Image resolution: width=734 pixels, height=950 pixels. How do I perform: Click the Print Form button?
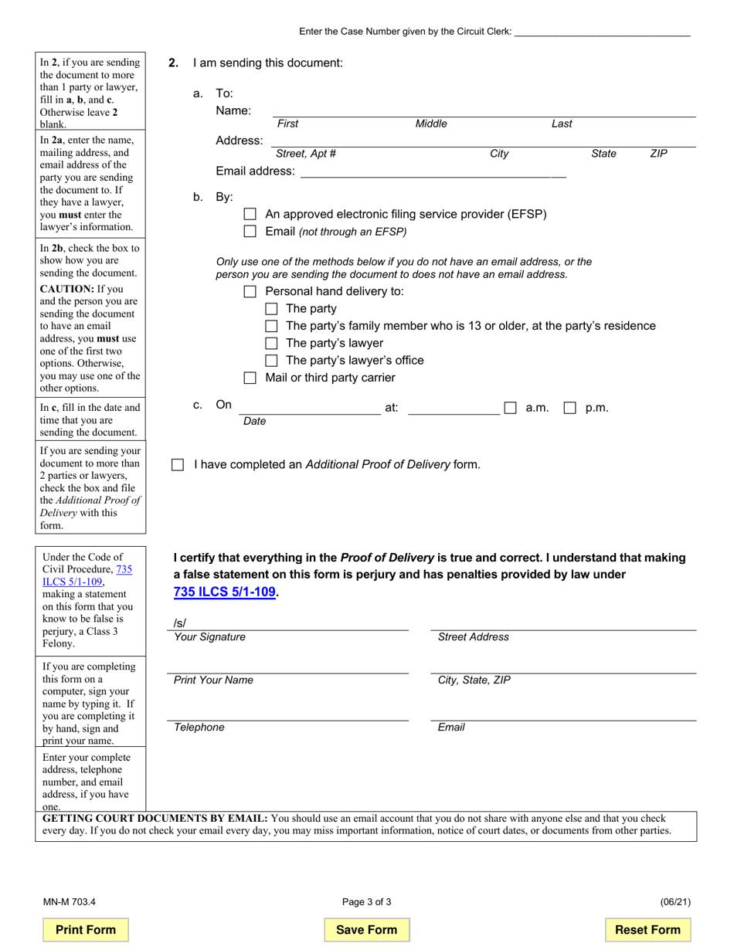86,930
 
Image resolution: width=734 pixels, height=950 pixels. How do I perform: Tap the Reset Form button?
647,930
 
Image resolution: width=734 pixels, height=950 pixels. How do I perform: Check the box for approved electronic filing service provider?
250,214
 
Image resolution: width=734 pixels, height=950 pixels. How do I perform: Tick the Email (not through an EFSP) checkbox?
250,232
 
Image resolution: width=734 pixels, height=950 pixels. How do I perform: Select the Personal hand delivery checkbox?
250,291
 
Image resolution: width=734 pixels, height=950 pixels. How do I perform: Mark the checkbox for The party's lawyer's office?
270,361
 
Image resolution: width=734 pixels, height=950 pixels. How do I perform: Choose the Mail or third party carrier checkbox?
250,378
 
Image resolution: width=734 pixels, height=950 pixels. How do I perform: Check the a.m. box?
510,408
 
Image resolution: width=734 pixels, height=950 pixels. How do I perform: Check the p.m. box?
569,408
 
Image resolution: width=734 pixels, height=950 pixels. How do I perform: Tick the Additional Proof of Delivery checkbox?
178,465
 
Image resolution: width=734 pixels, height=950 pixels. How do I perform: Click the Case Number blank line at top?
602,32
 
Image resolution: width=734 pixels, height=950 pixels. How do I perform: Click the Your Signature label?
209,637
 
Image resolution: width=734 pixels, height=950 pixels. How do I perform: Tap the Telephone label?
199,728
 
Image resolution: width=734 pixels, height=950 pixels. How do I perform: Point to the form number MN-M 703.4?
70,901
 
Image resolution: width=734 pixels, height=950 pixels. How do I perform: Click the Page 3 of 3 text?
367,901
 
